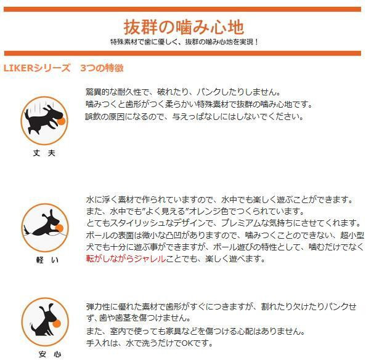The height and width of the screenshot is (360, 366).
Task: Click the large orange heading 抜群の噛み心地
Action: (x=184, y=27)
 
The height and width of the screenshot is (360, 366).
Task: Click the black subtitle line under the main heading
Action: (x=184, y=42)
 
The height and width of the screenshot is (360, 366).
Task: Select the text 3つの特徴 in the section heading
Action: (x=102, y=68)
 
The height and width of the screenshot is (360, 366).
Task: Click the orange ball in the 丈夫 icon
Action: (x=61, y=121)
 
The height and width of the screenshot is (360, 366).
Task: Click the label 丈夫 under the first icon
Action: (x=44, y=153)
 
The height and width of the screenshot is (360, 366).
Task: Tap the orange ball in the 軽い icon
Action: (x=59, y=228)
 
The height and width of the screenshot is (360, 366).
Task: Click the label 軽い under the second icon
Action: (x=47, y=260)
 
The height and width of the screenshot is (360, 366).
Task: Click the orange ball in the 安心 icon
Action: (x=57, y=324)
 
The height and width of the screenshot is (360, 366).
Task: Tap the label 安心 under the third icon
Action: (x=50, y=354)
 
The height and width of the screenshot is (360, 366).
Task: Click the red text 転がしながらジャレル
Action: (x=126, y=258)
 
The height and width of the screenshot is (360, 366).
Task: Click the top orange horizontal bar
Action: (x=182, y=9)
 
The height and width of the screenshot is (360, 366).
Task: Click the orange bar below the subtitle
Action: (x=182, y=53)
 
